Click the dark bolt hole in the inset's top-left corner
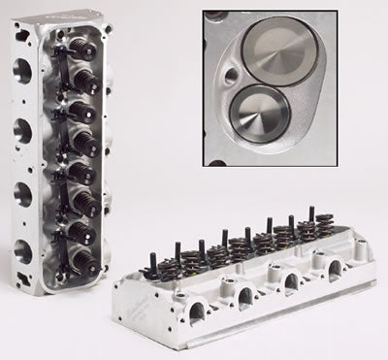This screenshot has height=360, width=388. (x=212, y=19)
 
